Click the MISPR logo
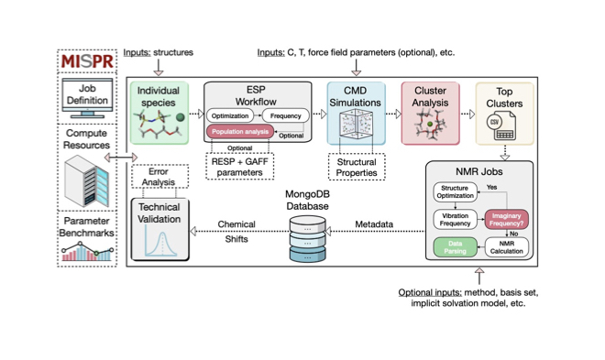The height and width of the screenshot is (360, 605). tap(86, 61)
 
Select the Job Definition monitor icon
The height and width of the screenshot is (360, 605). tap(86, 97)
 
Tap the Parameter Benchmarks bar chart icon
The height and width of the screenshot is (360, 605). tap(86, 248)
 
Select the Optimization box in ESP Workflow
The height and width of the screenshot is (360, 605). tap(229, 116)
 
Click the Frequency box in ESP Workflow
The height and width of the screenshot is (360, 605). tap(286, 116)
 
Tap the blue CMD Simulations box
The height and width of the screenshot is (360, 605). tap(357, 113)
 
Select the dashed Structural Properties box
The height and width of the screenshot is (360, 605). tap(357, 166)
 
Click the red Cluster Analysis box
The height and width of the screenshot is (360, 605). tap(430, 113)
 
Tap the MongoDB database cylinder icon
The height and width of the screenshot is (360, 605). tap(308, 235)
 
